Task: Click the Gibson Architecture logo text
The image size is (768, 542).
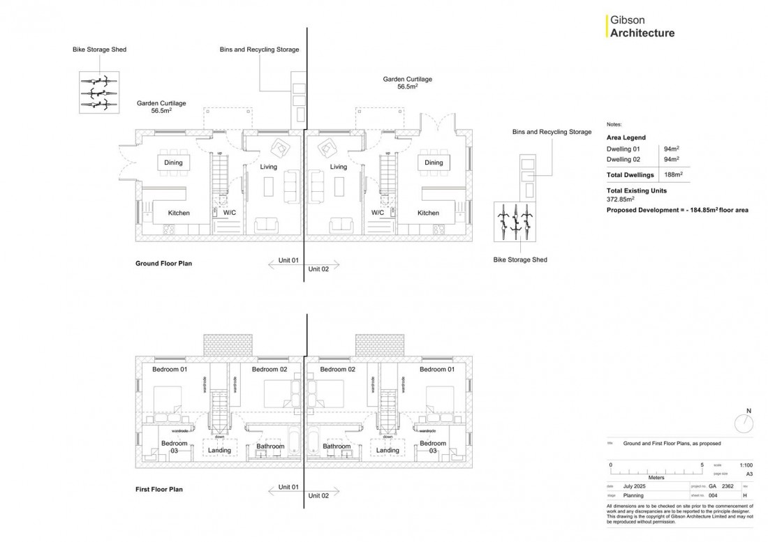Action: [x=642, y=27]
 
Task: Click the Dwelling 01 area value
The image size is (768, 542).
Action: [x=670, y=149]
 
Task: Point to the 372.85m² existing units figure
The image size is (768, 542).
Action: [x=621, y=199]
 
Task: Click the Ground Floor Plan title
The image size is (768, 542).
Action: [x=163, y=264]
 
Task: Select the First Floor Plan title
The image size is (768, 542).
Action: [x=158, y=490]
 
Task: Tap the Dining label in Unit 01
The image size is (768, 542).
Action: [x=173, y=163]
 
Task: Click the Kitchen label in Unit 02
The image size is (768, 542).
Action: [x=428, y=213]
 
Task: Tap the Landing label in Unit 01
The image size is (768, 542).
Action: [x=219, y=451]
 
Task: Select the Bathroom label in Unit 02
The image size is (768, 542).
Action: [x=337, y=446]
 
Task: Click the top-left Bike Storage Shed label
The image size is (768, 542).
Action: [x=99, y=50]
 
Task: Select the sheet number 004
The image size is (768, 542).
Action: [x=712, y=495]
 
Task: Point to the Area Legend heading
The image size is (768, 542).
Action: [x=626, y=138]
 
